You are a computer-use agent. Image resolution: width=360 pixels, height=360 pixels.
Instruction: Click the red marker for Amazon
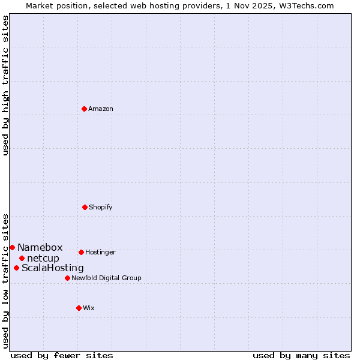point(84,109)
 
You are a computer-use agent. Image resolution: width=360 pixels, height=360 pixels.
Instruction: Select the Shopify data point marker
point(85,207)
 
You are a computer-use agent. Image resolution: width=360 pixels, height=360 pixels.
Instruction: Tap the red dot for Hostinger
point(81,252)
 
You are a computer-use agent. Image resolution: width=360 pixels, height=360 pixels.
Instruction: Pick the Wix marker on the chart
point(79,308)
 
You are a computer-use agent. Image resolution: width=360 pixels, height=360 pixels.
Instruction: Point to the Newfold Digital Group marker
point(67,278)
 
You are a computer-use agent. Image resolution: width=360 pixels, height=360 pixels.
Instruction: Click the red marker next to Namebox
point(12,247)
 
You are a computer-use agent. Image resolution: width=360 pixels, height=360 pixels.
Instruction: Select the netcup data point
point(22,258)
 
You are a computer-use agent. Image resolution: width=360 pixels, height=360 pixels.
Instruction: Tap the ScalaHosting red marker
point(16,268)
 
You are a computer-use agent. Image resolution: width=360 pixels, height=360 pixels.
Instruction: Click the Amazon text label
point(101,109)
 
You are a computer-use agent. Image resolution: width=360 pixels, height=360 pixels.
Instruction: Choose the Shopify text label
point(101,207)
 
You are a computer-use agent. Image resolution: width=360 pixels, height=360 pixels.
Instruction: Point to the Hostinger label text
point(100,252)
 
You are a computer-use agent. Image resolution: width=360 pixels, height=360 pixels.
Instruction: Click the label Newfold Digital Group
point(106,278)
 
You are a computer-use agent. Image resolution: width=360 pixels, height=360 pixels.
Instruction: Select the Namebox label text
point(40,247)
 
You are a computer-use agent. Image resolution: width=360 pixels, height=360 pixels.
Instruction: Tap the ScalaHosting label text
point(53,268)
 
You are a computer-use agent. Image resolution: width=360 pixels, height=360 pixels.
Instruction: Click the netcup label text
point(43,258)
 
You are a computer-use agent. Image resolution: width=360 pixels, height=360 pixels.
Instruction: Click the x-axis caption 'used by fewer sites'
point(62,355)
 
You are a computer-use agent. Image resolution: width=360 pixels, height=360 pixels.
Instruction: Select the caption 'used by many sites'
point(301,355)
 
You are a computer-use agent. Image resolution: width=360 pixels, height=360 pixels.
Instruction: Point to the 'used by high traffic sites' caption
point(6,85)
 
